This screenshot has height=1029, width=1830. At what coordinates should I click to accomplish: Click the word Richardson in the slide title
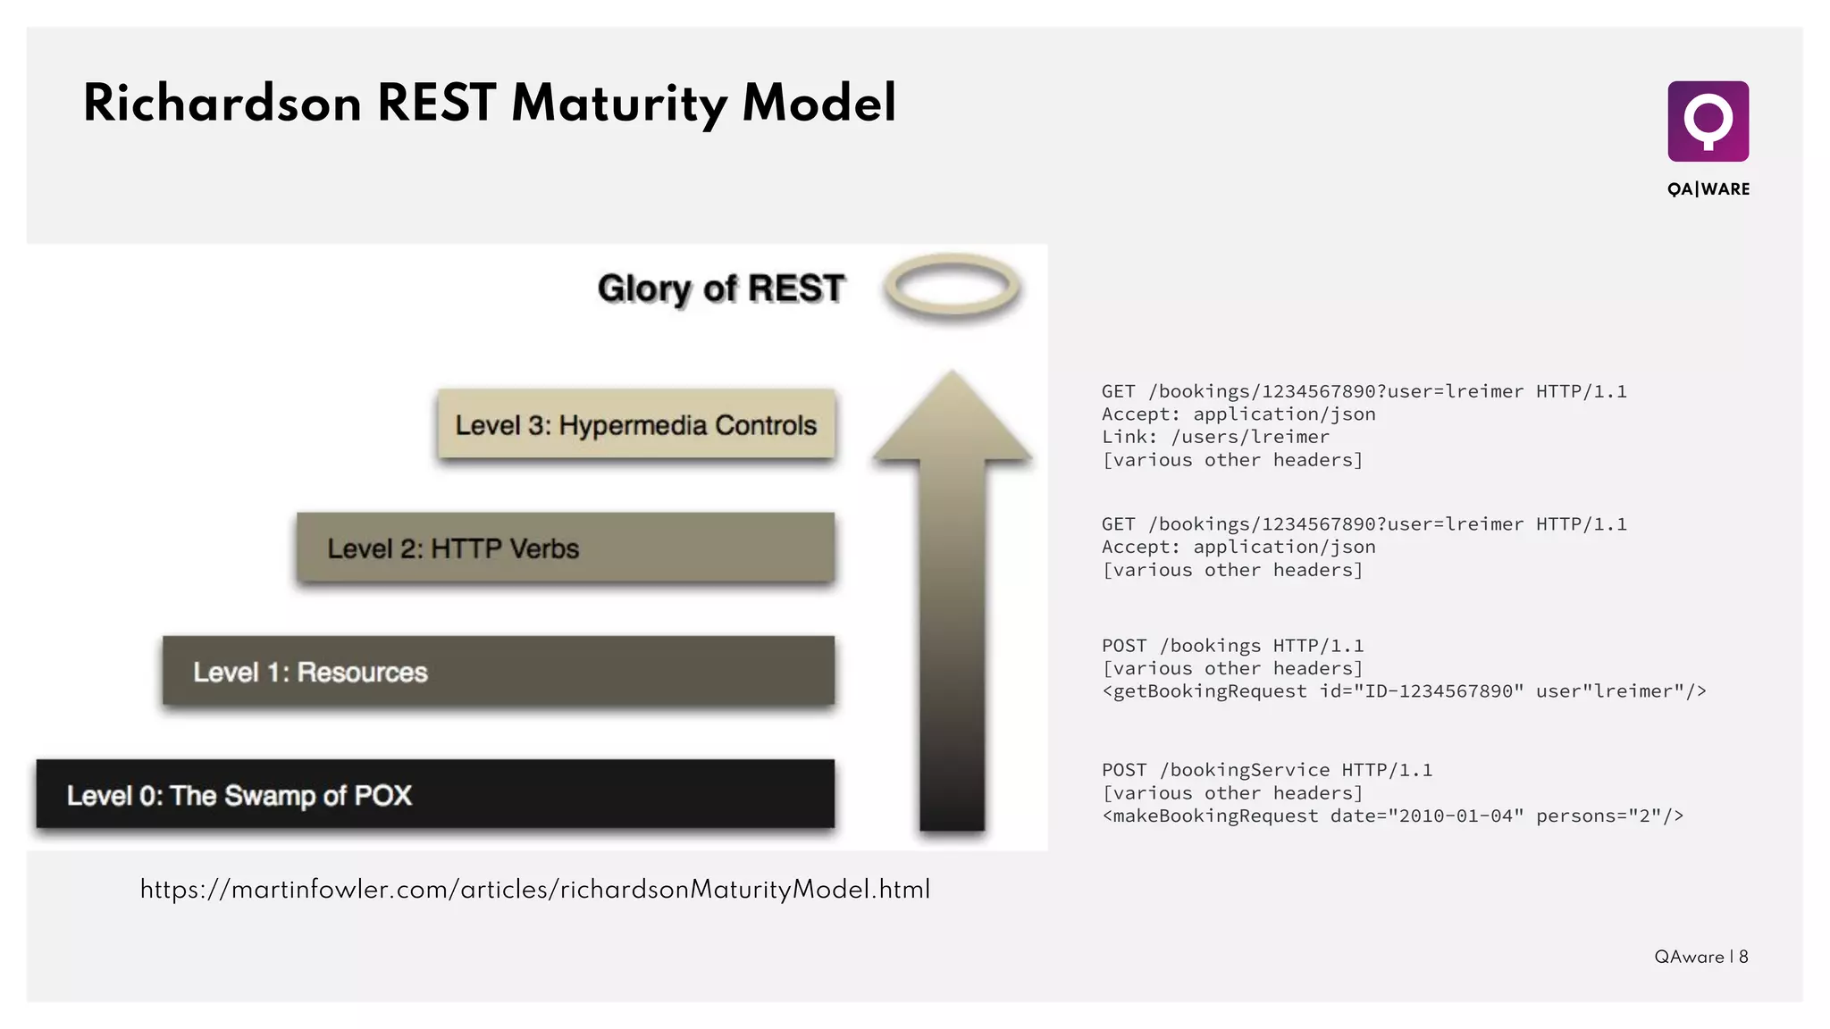[x=222, y=104]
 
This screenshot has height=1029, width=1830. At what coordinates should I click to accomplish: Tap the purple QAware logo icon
[x=1708, y=121]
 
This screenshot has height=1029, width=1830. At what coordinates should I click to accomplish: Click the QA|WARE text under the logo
[x=1708, y=189]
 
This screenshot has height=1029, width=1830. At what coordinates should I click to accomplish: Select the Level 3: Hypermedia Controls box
[x=635, y=425]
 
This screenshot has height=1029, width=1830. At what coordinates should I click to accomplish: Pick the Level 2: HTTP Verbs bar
[x=565, y=548]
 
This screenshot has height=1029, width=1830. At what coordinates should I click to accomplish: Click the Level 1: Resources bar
[x=498, y=672]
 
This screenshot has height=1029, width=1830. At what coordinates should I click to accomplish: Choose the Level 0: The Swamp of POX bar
[x=434, y=795]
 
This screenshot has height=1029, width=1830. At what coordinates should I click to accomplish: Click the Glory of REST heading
[x=720, y=289]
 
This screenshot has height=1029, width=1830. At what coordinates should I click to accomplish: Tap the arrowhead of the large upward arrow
[x=952, y=420]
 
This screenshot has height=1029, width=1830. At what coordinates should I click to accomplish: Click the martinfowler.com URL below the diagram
[x=535, y=890]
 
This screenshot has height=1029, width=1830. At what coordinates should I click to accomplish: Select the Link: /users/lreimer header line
[x=1214, y=437]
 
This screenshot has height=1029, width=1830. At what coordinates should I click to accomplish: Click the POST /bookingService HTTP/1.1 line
[x=1266, y=770]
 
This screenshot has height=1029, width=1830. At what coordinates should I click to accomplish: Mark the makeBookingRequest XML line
[x=1392, y=816]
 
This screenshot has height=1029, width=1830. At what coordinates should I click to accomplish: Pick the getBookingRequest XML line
[x=1403, y=691]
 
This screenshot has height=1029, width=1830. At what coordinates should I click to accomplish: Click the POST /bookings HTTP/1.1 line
[x=1232, y=646]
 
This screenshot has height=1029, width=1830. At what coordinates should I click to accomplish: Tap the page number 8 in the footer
[x=1743, y=957]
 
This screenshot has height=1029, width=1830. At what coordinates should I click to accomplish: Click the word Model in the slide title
[x=818, y=104]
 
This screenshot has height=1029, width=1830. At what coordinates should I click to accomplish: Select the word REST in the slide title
[x=436, y=104]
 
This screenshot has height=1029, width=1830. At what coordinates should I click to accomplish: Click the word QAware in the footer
[x=1688, y=957]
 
